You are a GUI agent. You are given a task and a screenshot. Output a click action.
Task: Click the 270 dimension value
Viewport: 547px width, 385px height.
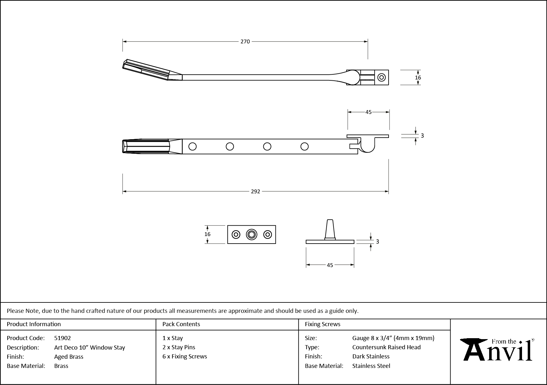coord(245,41)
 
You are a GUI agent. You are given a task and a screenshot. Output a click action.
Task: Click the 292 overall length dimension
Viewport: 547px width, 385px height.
coord(255,191)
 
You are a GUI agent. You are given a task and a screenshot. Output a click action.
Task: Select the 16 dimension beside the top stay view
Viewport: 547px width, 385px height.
coord(418,78)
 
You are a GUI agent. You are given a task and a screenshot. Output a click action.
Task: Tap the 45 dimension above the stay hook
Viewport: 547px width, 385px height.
coord(368,112)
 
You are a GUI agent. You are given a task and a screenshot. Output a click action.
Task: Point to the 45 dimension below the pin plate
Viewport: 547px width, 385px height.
coord(330,265)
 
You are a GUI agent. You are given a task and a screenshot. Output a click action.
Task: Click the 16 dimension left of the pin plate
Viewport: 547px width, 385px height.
coord(207,234)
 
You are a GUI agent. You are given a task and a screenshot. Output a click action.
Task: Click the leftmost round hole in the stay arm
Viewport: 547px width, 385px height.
coord(192,146)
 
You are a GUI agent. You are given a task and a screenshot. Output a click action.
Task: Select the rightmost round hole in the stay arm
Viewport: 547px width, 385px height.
coord(304,146)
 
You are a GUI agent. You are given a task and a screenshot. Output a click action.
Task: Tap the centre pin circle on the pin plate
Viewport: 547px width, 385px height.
coord(251,234)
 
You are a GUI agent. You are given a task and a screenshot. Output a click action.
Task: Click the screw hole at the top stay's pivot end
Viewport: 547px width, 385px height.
coord(381,78)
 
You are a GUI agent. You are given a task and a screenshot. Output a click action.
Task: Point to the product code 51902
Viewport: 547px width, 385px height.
coord(63,338)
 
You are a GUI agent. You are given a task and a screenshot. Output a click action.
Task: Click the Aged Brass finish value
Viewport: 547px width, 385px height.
coord(69,357)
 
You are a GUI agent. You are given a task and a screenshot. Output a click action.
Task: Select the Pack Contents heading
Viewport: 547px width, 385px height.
coord(181,324)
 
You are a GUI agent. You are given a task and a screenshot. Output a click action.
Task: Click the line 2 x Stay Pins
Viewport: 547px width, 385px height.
coord(179,347)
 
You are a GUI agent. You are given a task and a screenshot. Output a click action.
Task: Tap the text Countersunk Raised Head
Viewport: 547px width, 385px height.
coord(386,347)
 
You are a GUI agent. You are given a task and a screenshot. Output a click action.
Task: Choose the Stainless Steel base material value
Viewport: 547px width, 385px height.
coord(371,366)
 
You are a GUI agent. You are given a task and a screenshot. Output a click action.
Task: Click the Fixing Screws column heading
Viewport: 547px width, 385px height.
coord(323,324)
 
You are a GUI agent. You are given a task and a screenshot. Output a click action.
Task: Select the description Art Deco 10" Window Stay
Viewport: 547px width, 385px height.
coord(89,347)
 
